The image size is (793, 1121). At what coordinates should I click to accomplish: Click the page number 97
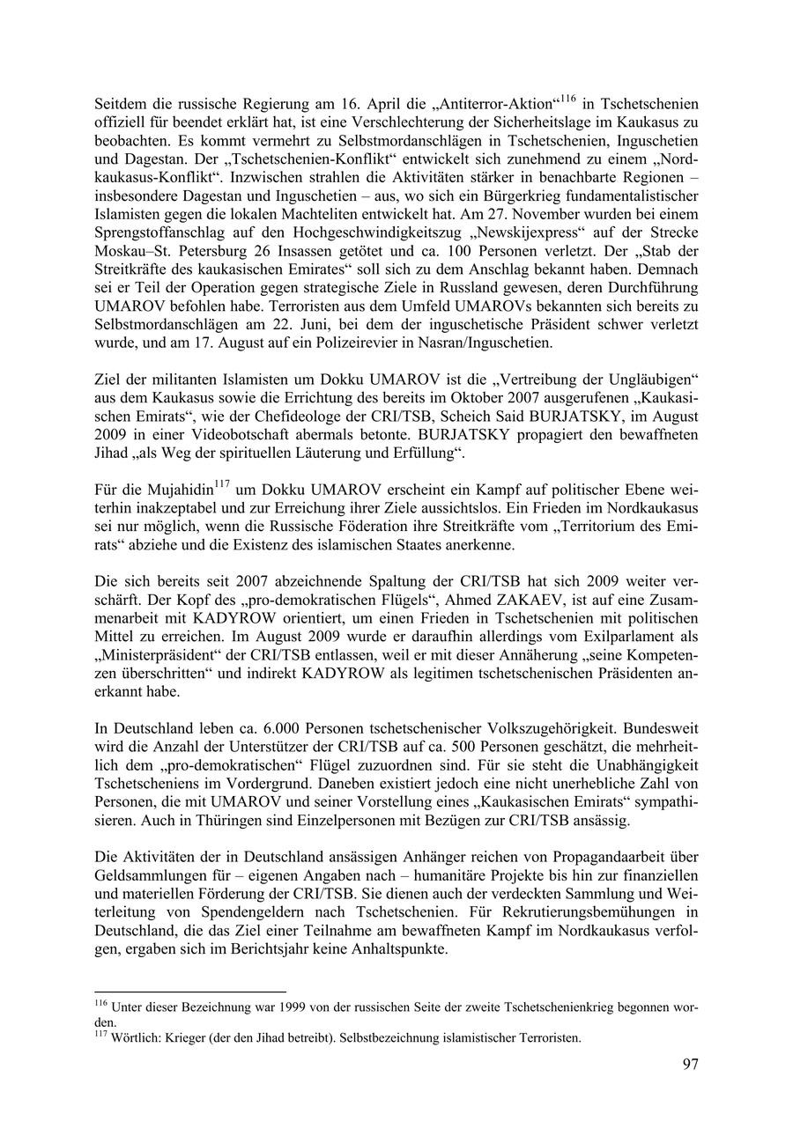pyautogui.click(x=690, y=1065)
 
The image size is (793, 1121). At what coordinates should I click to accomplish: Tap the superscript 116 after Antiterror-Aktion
pyautogui.click(x=569, y=99)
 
